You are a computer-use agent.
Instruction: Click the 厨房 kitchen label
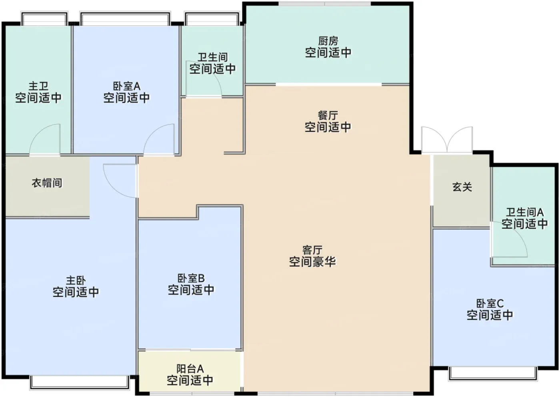pyautogui.click(x=328, y=41)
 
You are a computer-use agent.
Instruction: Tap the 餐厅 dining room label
pyautogui.click(x=328, y=116)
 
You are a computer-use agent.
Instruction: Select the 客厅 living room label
pyautogui.click(x=312, y=250)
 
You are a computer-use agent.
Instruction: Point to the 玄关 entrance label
pyautogui.click(x=462, y=187)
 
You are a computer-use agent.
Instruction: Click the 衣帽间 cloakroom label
pyautogui.click(x=47, y=183)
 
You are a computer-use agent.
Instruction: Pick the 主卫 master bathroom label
pyautogui.click(x=38, y=86)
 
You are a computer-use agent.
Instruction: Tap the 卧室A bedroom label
pyautogui.click(x=126, y=86)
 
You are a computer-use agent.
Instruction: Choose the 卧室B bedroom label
pyautogui.click(x=191, y=279)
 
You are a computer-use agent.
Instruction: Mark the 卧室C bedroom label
pyautogui.click(x=490, y=304)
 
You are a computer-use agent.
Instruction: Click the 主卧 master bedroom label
pyautogui.click(x=76, y=281)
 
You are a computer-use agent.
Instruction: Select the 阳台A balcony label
pyautogui.click(x=190, y=369)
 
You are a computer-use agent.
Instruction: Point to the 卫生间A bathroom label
pyautogui.click(x=525, y=213)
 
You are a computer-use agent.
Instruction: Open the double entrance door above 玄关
pyautogui.click(x=447, y=140)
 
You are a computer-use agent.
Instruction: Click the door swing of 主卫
pyautogui.click(x=45, y=139)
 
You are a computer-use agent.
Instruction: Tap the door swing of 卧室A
pyautogui.click(x=159, y=139)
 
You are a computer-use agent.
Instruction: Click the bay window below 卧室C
pyautogui.click(x=493, y=374)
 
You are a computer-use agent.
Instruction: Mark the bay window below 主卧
pyautogui.click(x=80, y=383)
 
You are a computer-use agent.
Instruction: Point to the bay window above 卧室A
pyautogui.click(x=125, y=18)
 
